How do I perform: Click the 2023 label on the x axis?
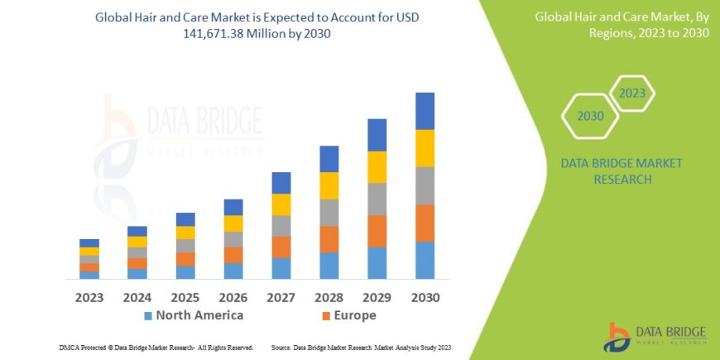89,296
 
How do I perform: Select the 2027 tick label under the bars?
281,296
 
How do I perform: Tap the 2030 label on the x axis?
425,296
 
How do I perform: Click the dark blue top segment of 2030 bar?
425,111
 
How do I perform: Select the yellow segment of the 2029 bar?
377,167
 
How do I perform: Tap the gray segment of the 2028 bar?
329,213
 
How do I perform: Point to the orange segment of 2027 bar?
281,247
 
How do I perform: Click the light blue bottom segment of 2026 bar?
233,271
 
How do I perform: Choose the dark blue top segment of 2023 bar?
89,242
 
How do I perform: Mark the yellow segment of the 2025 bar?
185,233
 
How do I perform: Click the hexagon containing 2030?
590,117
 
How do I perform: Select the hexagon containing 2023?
631,93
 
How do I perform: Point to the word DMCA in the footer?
71,348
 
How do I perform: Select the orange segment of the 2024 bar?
137,263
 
